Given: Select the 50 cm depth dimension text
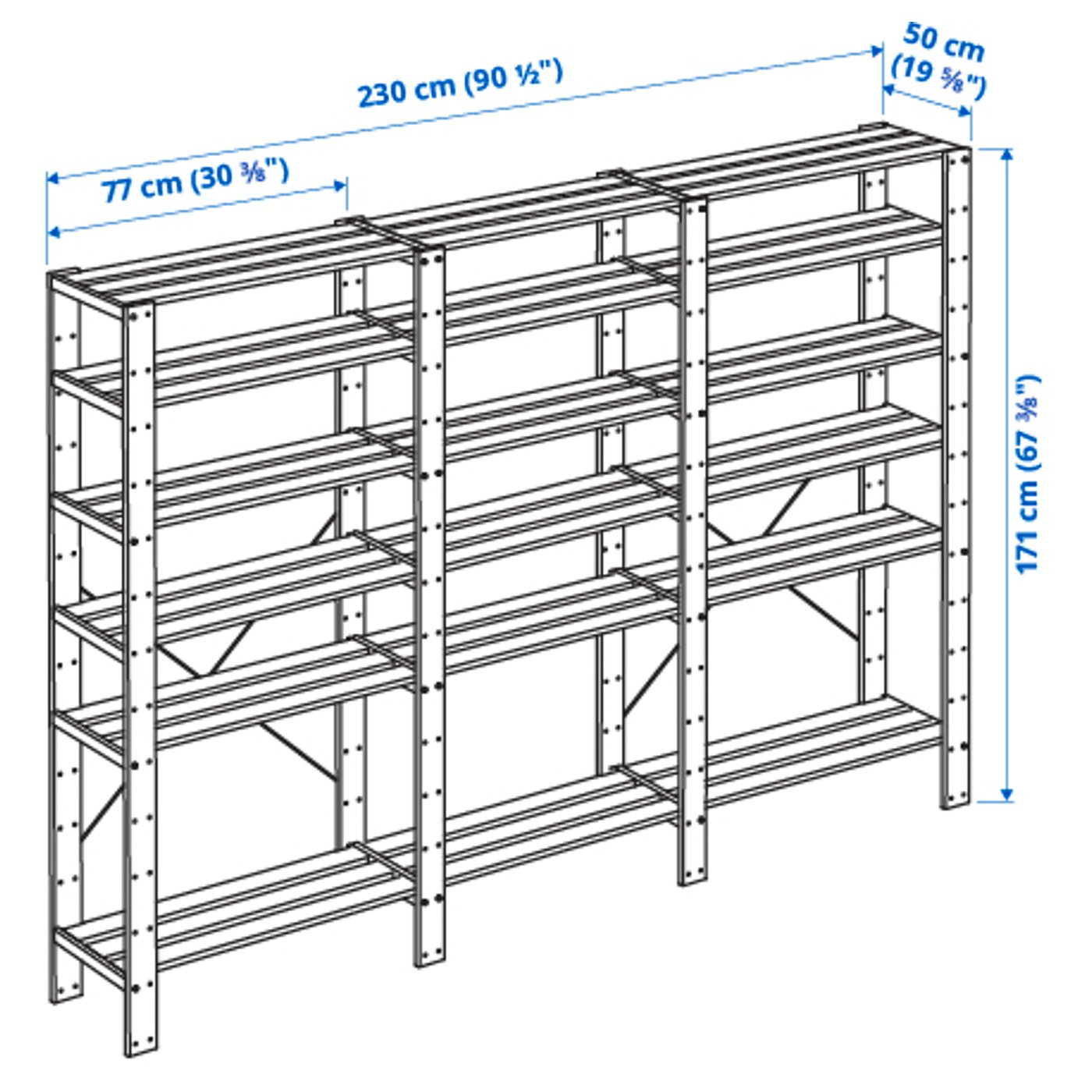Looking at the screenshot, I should (943, 42).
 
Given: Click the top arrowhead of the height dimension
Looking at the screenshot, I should (1006, 154).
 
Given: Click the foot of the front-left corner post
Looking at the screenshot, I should (141, 1041).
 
